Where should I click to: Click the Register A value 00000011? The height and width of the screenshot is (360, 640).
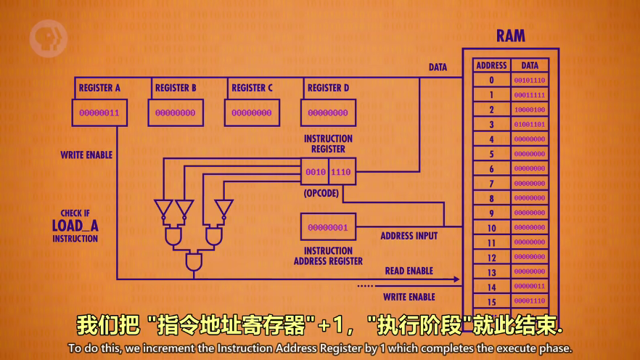[99, 113]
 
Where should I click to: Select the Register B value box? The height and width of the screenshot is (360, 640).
[176, 113]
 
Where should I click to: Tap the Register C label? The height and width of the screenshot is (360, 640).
[252, 88]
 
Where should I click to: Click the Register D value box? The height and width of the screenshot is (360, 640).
[328, 113]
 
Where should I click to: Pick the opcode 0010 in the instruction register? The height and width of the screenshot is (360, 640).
[315, 172]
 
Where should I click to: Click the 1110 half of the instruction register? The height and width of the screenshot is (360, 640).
[341, 172]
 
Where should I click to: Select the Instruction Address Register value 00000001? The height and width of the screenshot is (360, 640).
[328, 227]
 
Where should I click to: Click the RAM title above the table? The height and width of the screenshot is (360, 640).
[510, 36]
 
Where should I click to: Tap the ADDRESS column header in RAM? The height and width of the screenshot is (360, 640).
[491, 65]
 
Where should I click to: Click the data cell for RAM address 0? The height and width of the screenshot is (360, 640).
[530, 81]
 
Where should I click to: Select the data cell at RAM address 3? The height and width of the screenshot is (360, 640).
[530, 125]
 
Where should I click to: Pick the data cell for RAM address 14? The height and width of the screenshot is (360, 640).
[530, 287]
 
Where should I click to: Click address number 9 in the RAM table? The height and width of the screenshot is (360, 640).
[491, 213]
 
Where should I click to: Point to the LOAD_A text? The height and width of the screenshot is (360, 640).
[75, 226]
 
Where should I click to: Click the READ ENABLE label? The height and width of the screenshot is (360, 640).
[409, 271]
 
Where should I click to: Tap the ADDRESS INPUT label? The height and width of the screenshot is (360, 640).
[409, 236]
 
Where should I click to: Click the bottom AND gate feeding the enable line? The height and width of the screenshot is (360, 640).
[194, 261]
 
